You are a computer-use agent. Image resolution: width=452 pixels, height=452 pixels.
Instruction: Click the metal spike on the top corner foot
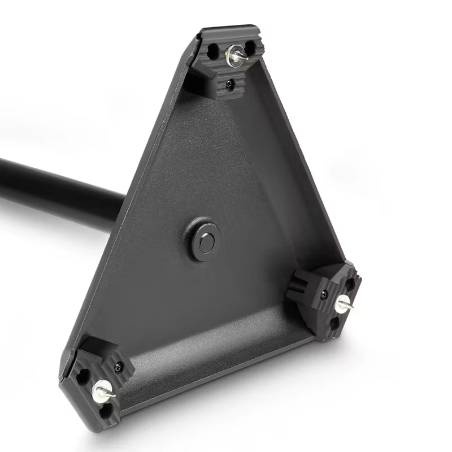point(236,55)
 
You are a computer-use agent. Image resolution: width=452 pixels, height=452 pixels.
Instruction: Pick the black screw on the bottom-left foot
point(118,367)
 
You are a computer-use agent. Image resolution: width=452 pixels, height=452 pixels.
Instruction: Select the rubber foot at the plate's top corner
point(226,62)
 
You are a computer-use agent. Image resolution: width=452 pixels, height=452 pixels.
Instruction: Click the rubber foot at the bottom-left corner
point(96,384)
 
